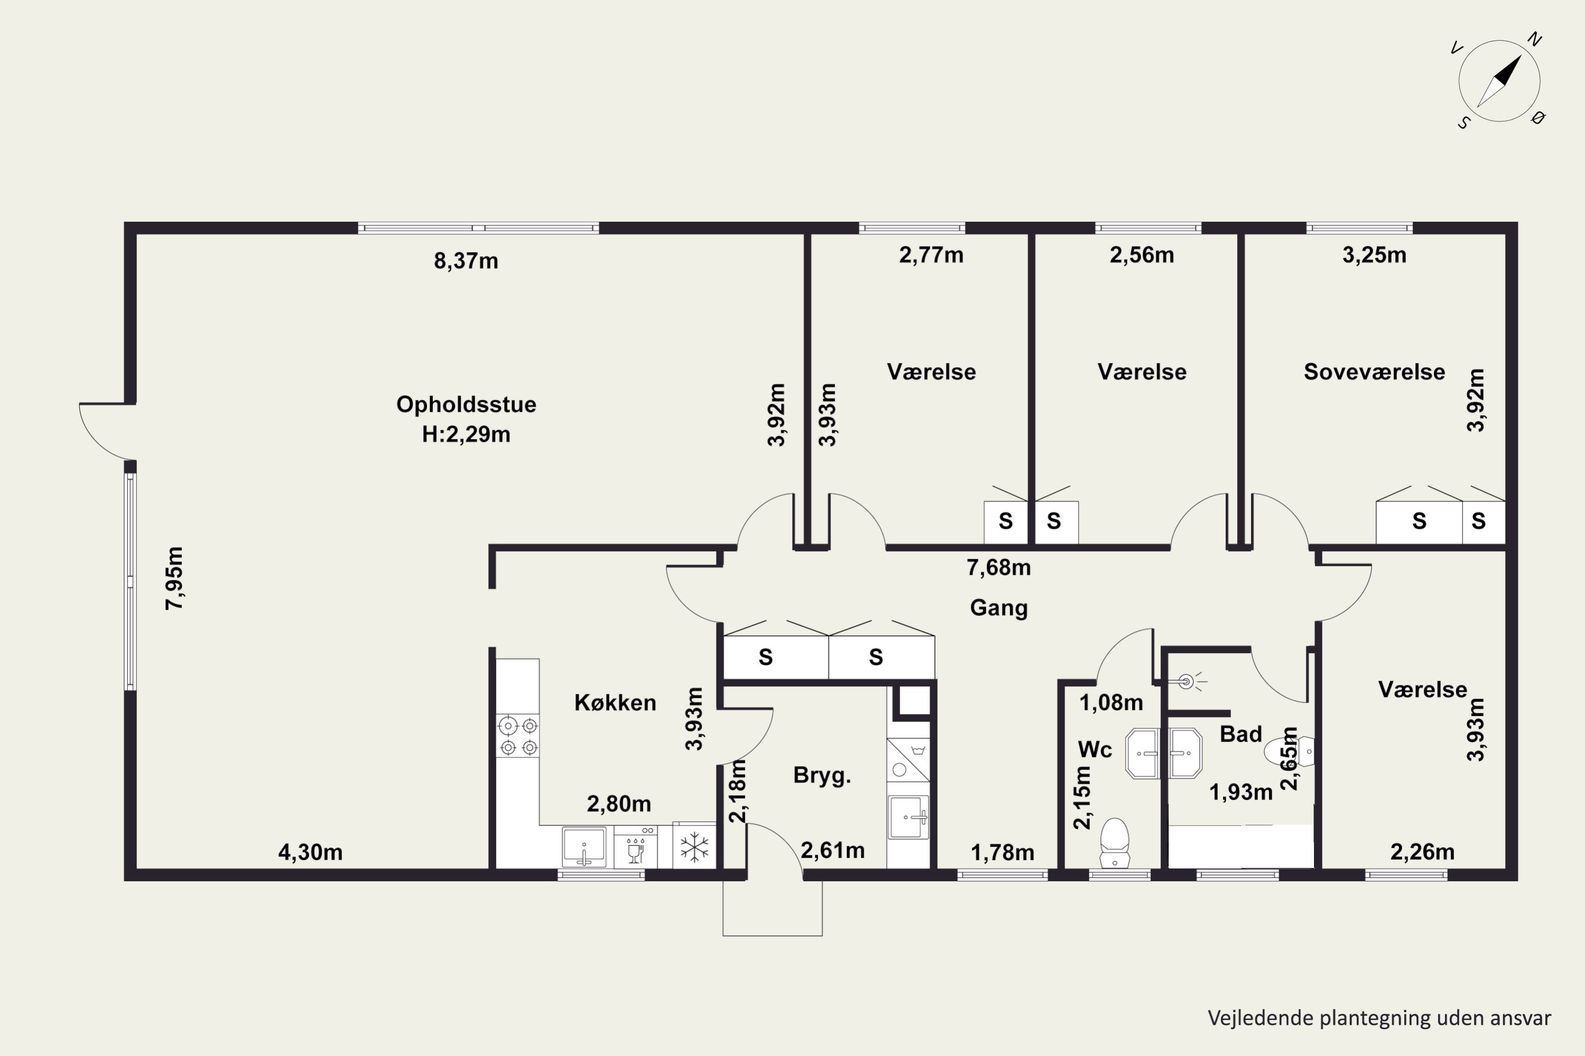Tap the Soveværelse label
[1374, 372]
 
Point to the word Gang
[999, 608]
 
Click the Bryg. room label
[822, 776]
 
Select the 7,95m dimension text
[174, 579]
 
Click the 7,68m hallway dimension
[999, 568]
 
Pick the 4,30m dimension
[310, 853]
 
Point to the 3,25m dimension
[1374, 255]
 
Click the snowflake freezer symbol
[694, 847]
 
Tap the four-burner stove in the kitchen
[518, 736]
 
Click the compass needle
[1499, 81]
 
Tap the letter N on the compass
[1534, 40]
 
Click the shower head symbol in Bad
[1187, 682]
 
